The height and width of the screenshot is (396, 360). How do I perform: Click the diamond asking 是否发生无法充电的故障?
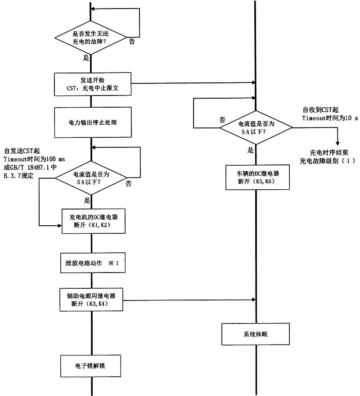pyautogui.click(x=91, y=37)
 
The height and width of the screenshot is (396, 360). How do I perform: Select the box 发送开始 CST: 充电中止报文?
pyautogui.click(x=92, y=84)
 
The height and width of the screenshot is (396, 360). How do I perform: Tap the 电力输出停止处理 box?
pyautogui.click(x=92, y=122)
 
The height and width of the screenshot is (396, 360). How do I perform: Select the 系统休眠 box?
pyautogui.click(x=255, y=335)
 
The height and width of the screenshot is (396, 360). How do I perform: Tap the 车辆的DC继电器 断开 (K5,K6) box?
pyautogui.click(x=256, y=178)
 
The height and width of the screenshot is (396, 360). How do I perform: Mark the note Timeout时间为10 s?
pyautogui.click(x=329, y=118)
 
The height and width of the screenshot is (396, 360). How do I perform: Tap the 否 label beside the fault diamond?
pyautogui.click(x=132, y=41)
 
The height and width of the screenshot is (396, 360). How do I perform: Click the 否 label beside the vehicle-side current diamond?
pyautogui.click(x=222, y=120)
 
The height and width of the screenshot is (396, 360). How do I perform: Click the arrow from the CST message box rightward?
pyautogui.click(x=193, y=83)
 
